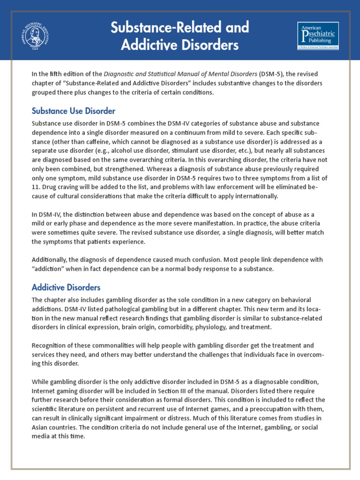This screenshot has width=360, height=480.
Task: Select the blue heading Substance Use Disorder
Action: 73,111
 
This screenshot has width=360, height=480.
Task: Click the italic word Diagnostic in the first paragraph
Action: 122,74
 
